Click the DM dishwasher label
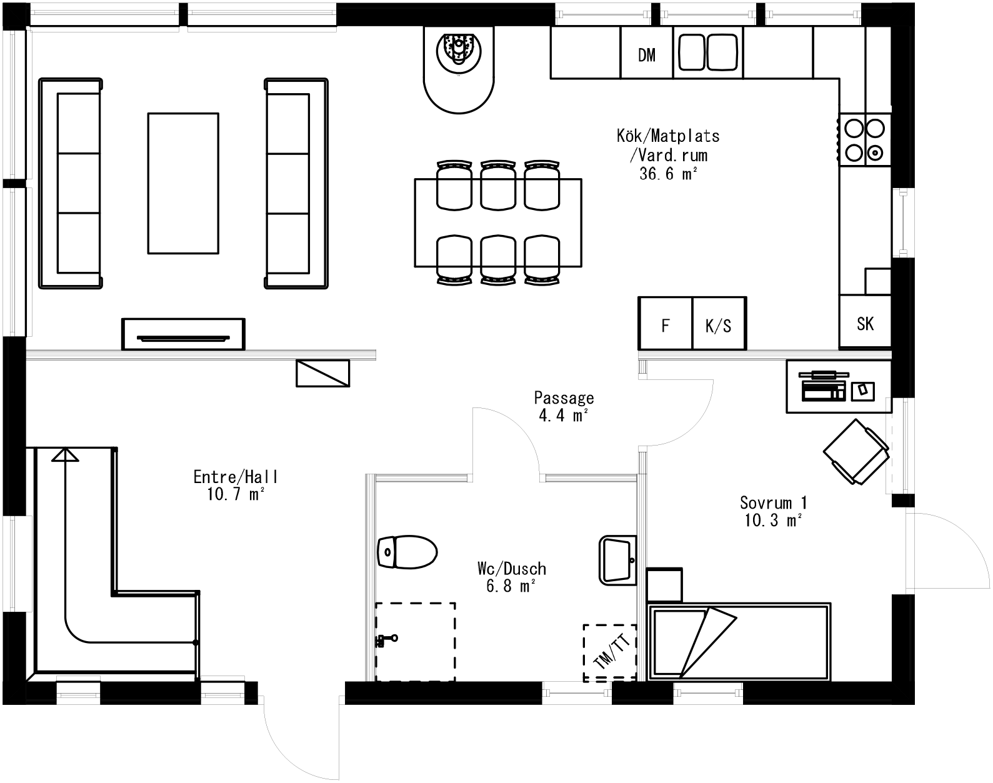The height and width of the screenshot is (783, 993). [x=647, y=56]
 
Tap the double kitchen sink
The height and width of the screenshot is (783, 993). [x=708, y=52]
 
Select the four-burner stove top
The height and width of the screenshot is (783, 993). [x=865, y=139]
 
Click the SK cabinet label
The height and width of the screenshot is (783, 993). [x=865, y=324]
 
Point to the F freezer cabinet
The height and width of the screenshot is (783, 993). [x=666, y=324]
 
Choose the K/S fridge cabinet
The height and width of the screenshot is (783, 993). [x=719, y=324]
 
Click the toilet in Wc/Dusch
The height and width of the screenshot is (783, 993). [x=407, y=552]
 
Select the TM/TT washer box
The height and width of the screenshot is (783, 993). [x=609, y=652]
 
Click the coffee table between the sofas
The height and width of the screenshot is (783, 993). [x=183, y=183]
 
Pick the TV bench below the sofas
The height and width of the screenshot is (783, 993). [x=183, y=334]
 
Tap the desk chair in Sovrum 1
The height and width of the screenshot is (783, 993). [x=856, y=451]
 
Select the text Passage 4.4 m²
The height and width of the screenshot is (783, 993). [x=564, y=406]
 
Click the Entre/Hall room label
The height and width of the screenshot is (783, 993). [x=236, y=477]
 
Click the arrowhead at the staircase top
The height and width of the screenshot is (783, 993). [x=65, y=454]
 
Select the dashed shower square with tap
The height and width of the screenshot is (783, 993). [x=415, y=642]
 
